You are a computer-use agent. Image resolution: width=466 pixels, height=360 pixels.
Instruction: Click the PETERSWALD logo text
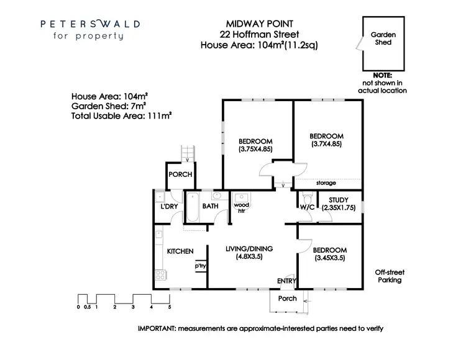pos(90,24)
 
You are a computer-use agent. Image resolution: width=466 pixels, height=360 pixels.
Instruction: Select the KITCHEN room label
pos(180,251)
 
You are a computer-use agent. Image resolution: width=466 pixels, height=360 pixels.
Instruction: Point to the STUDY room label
pos(338,200)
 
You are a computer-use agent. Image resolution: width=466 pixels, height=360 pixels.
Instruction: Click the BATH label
pos(210,206)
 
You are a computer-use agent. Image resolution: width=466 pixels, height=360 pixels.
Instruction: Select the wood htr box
pos(240,207)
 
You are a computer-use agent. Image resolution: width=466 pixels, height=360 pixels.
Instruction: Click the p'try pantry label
pos(200,266)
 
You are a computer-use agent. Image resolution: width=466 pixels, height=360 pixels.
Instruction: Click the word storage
pos(326,183)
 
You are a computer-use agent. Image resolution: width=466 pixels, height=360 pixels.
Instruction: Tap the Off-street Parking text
pos(390,276)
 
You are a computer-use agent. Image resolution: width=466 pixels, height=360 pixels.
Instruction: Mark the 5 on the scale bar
pos(169,307)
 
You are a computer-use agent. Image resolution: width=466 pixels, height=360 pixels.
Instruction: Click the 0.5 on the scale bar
pos(88,307)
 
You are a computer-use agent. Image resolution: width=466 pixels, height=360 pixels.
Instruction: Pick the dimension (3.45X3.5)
pos(329,258)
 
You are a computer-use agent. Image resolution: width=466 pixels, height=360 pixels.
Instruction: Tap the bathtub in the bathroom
pos(191,210)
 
